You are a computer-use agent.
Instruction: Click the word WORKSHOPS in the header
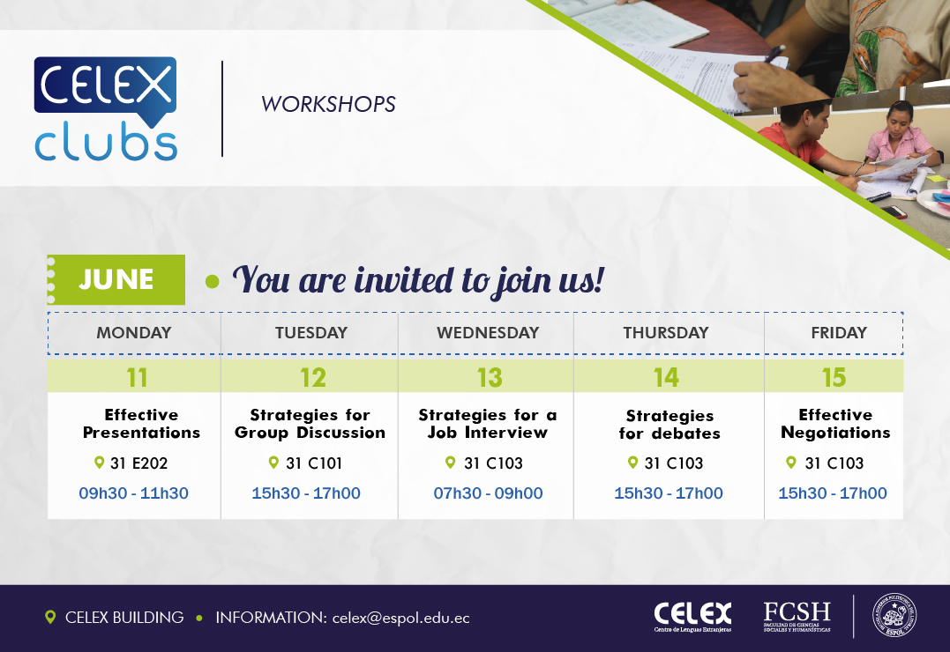(328, 104)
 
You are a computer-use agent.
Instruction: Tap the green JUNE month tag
(116, 279)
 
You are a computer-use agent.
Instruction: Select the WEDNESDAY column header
(488, 332)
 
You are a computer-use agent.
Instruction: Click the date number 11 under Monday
(137, 378)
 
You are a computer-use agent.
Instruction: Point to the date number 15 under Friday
(834, 378)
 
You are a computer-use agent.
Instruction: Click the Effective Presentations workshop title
(142, 423)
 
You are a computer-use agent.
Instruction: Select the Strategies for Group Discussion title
(310, 423)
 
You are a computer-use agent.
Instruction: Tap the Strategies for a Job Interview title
(488, 423)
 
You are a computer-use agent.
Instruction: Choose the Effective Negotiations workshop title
(835, 423)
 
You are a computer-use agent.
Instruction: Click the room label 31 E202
(138, 463)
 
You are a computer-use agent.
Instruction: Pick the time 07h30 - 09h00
(488, 493)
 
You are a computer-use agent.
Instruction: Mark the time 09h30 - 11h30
(133, 493)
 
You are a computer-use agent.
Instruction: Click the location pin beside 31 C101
(273, 463)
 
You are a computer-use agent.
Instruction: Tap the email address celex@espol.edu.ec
(401, 618)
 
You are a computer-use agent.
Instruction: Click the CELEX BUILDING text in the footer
(124, 618)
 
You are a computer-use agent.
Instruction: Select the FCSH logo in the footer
(797, 616)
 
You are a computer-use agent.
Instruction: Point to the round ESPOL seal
(894, 615)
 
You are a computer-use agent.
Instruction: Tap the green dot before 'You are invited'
(212, 281)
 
